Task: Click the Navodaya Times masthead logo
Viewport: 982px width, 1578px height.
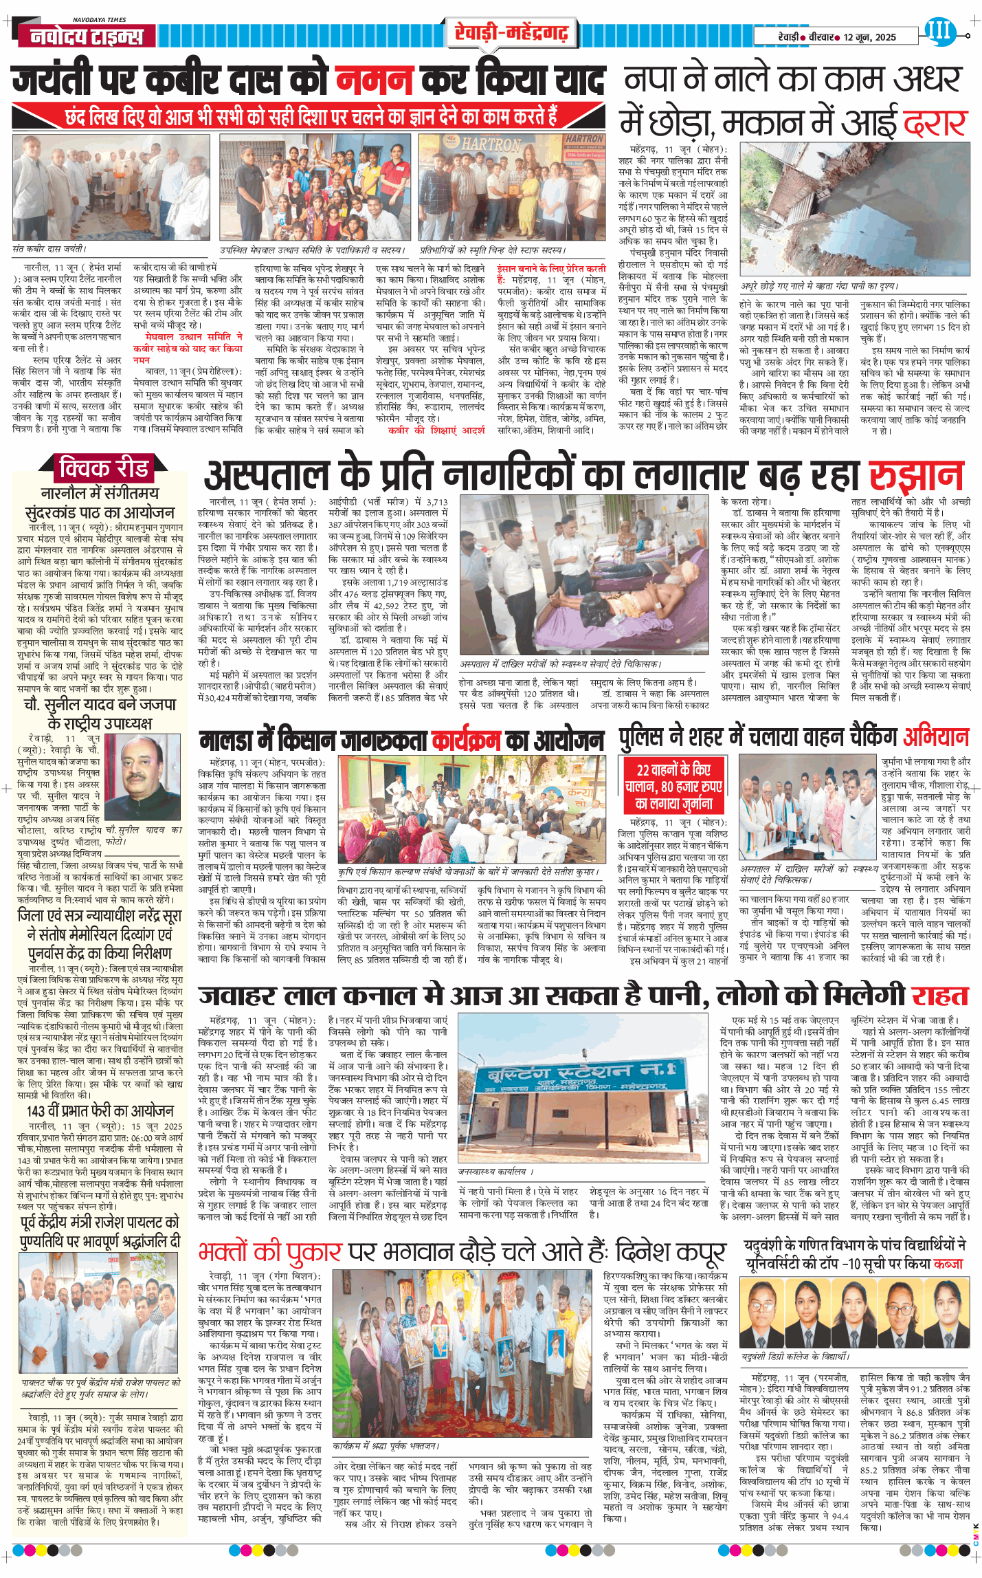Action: tap(86, 35)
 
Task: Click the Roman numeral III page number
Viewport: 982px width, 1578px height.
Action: tap(938, 30)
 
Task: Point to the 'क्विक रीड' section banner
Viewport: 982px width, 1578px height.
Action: tap(104, 468)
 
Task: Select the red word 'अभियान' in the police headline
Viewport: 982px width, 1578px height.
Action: tap(936, 737)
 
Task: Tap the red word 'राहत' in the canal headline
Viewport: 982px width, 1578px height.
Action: tap(939, 996)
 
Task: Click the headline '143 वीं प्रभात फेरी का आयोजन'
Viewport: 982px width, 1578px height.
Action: tap(100, 1111)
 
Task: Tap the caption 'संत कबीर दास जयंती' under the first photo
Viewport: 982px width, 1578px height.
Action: tap(49, 249)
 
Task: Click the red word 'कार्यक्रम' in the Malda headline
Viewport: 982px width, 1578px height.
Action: tap(466, 740)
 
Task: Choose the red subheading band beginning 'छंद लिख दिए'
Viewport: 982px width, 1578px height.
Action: tap(309, 116)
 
